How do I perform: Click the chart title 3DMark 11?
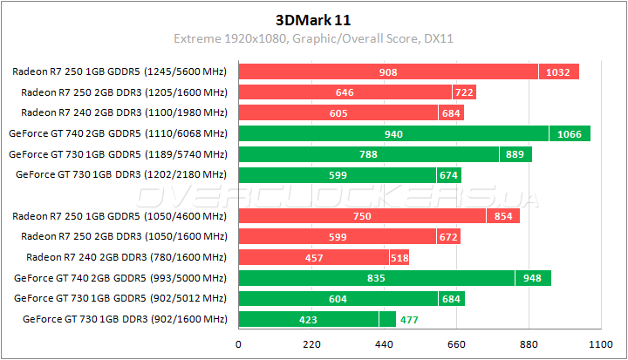pyautogui.click(x=313, y=18)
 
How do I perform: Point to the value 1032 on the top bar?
pyautogui.click(x=558, y=71)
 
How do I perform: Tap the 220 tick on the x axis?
pyautogui.click(x=311, y=344)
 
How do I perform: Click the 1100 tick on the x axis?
pyautogui.click(x=598, y=344)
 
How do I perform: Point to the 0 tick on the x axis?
pyautogui.click(x=239, y=344)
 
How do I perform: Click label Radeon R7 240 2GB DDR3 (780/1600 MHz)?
pyautogui.click(x=126, y=257)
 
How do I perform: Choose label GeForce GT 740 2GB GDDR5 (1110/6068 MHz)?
pyautogui.click(x=118, y=133)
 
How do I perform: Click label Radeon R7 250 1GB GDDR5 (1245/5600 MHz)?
pyautogui.click(x=120, y=71)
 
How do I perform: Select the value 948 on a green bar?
pyautogui.click(x=532, y=278)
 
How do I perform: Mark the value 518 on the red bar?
pyautogui.click(x=399, y=257)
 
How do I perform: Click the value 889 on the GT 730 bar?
pyautogui.click(x=515, y=154)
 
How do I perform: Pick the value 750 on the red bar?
pyautogui.click(x=362, y=216)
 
